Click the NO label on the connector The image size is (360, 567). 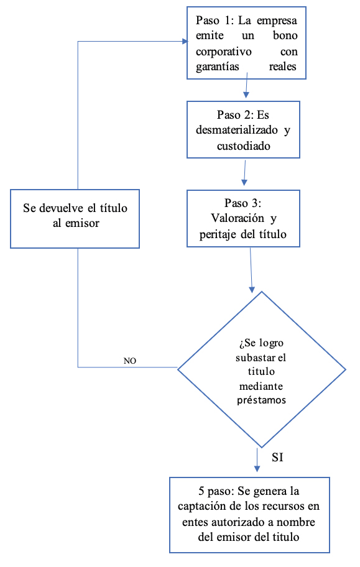(x=130, y=361)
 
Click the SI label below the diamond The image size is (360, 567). (x=277, y=458)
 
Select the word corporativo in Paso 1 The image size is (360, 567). (x=224, y=52)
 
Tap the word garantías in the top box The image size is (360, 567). (x=218, y=67)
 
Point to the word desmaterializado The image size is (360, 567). (x=237, y=130)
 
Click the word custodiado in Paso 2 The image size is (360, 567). (x=244, y=145)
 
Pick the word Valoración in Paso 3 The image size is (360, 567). (x=238, y=218)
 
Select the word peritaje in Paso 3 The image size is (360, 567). (x=218, y=234)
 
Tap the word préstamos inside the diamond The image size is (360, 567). (x=261, y=400)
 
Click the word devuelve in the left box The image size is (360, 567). (x=62, y=208)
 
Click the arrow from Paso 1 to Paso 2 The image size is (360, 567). (x=246, y=85)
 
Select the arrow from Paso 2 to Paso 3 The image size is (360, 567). (x=244, y=173)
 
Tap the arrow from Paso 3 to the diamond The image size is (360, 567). (x=251, y=270)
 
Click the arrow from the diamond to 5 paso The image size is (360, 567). (x=257, y=460)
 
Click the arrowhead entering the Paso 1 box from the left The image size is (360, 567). (x=185, y=42)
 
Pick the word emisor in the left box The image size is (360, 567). (x=82, y=223)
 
